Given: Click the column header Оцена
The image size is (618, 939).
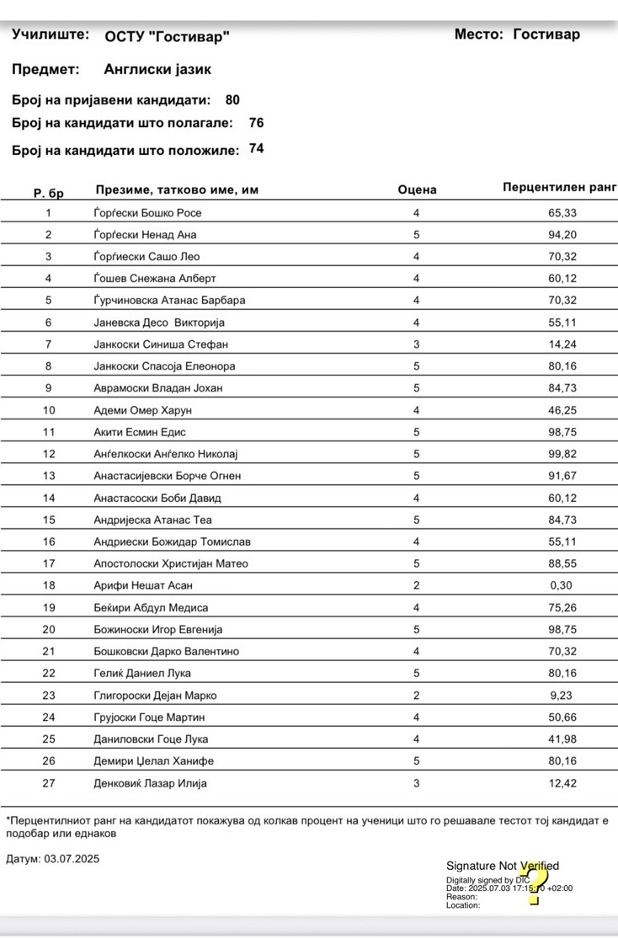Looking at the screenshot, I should click(417, 190).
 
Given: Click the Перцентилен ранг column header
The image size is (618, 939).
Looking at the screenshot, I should click(559, 187).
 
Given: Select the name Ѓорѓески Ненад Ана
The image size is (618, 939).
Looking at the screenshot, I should click(145, 235).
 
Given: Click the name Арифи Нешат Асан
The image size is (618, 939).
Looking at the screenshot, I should click(143, 585).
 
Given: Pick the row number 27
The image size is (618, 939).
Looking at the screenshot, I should click(48, 783).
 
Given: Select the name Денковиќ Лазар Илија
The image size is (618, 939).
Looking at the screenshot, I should click(150, 783).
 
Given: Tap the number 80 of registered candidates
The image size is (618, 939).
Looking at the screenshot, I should click(232, 100).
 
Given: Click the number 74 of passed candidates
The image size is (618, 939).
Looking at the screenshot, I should click(257, 149).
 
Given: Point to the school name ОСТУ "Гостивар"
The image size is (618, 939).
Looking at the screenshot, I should click(167, 36).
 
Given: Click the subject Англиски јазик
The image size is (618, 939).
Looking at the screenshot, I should click(157, 70).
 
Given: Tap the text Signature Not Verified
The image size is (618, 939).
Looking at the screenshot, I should click(502, 866).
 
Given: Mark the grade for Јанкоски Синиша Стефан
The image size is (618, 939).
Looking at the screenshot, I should click(416, 344).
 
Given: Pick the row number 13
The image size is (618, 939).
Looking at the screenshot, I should click(48, 476).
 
